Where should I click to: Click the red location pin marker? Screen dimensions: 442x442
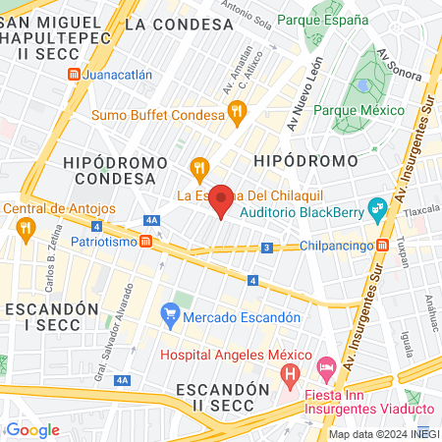[x=222, y=200]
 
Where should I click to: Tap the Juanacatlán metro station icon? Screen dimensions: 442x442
[x=74, y=75]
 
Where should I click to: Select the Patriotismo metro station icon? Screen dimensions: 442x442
[x=146, y=241]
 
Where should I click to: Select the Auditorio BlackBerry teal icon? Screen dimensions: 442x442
[x=375, y=208]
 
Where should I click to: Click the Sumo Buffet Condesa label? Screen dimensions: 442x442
[x=158, y=115]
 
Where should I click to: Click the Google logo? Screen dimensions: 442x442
[x=32, y=429]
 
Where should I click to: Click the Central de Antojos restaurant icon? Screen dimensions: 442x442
[x=26, y=229]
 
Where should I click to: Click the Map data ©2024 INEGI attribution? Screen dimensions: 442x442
[x=383, y=434]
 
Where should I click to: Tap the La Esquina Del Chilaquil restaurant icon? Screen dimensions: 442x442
[x=199, y=167]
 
